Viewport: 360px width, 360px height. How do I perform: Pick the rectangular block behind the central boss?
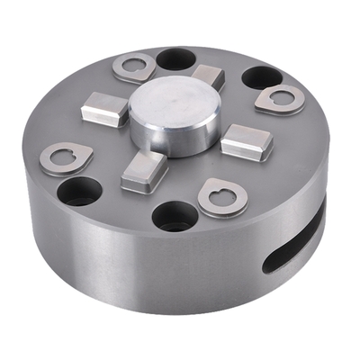coord(208,77)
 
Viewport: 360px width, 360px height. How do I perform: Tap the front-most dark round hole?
coord(174,216)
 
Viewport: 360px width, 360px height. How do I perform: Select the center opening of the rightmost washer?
coord(280,97)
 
